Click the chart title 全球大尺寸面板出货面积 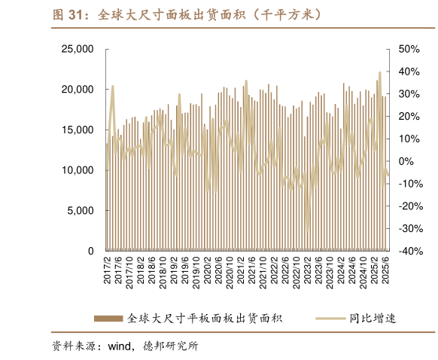pos(188,14)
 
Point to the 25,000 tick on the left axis pos(77,49)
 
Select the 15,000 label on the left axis pos(77,130)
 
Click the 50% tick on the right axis pos(408,49)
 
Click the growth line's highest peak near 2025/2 pos(380,72)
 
